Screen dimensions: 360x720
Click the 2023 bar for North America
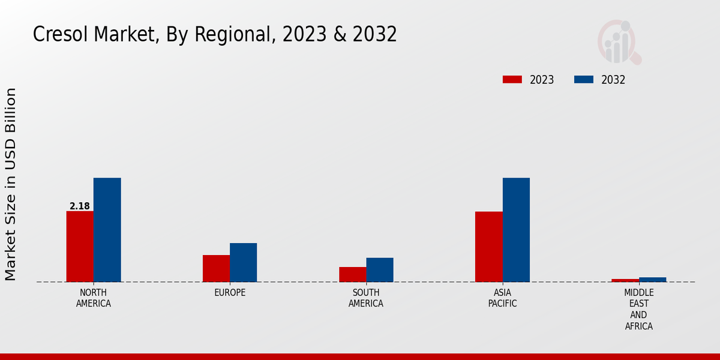[80, 246]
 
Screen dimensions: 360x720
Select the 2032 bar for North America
[107, 230]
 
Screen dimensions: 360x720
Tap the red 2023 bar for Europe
[216, 268]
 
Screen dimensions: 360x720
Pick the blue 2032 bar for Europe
[243, 262]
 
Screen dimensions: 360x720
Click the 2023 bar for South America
[352, 274]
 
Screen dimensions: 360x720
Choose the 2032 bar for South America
[380, 269]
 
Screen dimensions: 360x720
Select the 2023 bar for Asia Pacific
[488, 247]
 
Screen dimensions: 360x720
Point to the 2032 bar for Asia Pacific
[516, 230]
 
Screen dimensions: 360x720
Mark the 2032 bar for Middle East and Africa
[652, 280]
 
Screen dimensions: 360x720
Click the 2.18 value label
[80, 206]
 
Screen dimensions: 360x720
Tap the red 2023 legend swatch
[512, 80]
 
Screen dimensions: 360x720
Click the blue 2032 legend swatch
[584, 80]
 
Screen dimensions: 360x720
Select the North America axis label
[94, 298]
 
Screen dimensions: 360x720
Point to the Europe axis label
[230, 293]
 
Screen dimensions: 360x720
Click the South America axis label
[366, 298]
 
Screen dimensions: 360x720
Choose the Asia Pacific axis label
[502, 298]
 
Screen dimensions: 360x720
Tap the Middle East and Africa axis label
[638, 309]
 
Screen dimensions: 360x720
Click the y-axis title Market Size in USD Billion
[11, 184]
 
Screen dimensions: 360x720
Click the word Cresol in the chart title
[58, 35]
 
